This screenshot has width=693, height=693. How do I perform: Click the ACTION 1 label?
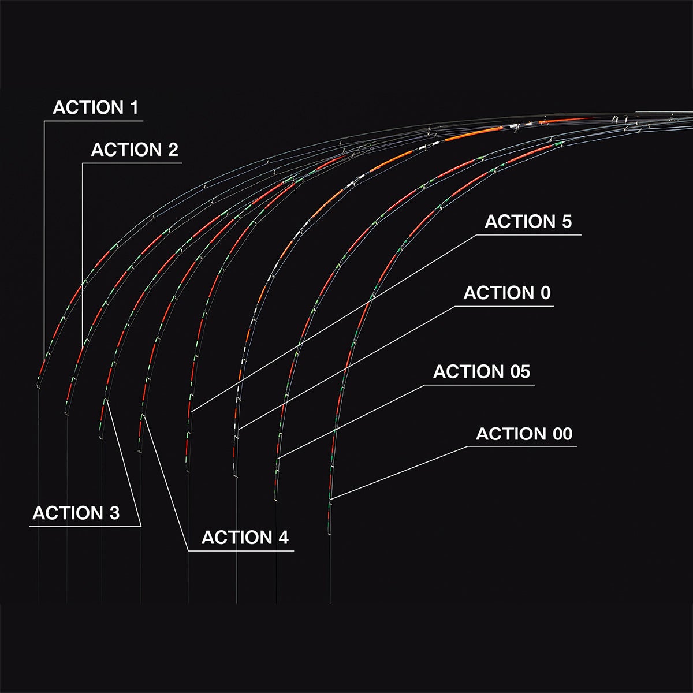pyautogui.click(x=95, y=107)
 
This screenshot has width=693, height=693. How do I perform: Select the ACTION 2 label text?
pyautogui.click(x=135, y=150)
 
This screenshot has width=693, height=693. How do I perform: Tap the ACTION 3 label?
pyautogui.click(x=76, y=513)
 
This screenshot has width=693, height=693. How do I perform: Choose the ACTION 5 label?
pyautogui.click(x=528, y=221)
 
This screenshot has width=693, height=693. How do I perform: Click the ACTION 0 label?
pyautogui.click(x=506, y=293)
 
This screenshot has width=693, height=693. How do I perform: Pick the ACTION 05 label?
pyautogui.click(x=482, y=371)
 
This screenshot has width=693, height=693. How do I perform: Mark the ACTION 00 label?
pyautogui.click(x=524, y=433)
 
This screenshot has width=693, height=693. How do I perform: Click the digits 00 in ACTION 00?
pyautogui.click(x=562, y=433)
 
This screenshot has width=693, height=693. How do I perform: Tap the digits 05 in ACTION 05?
pyautogui.click(x=520, y=371)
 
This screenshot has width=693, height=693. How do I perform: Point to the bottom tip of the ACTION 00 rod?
pyautogui.click(x=329, y=534)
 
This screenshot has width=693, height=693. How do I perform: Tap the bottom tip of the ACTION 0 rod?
pyautogui.click(x=236, y=478)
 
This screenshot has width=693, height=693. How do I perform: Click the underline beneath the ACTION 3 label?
pyautogui.click(x=85, y=527)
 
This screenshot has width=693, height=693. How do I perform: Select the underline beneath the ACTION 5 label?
pyautogui.click(x=528, y=235)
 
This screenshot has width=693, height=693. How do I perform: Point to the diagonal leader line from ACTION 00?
pyautogui.click(x=399, y=472)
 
